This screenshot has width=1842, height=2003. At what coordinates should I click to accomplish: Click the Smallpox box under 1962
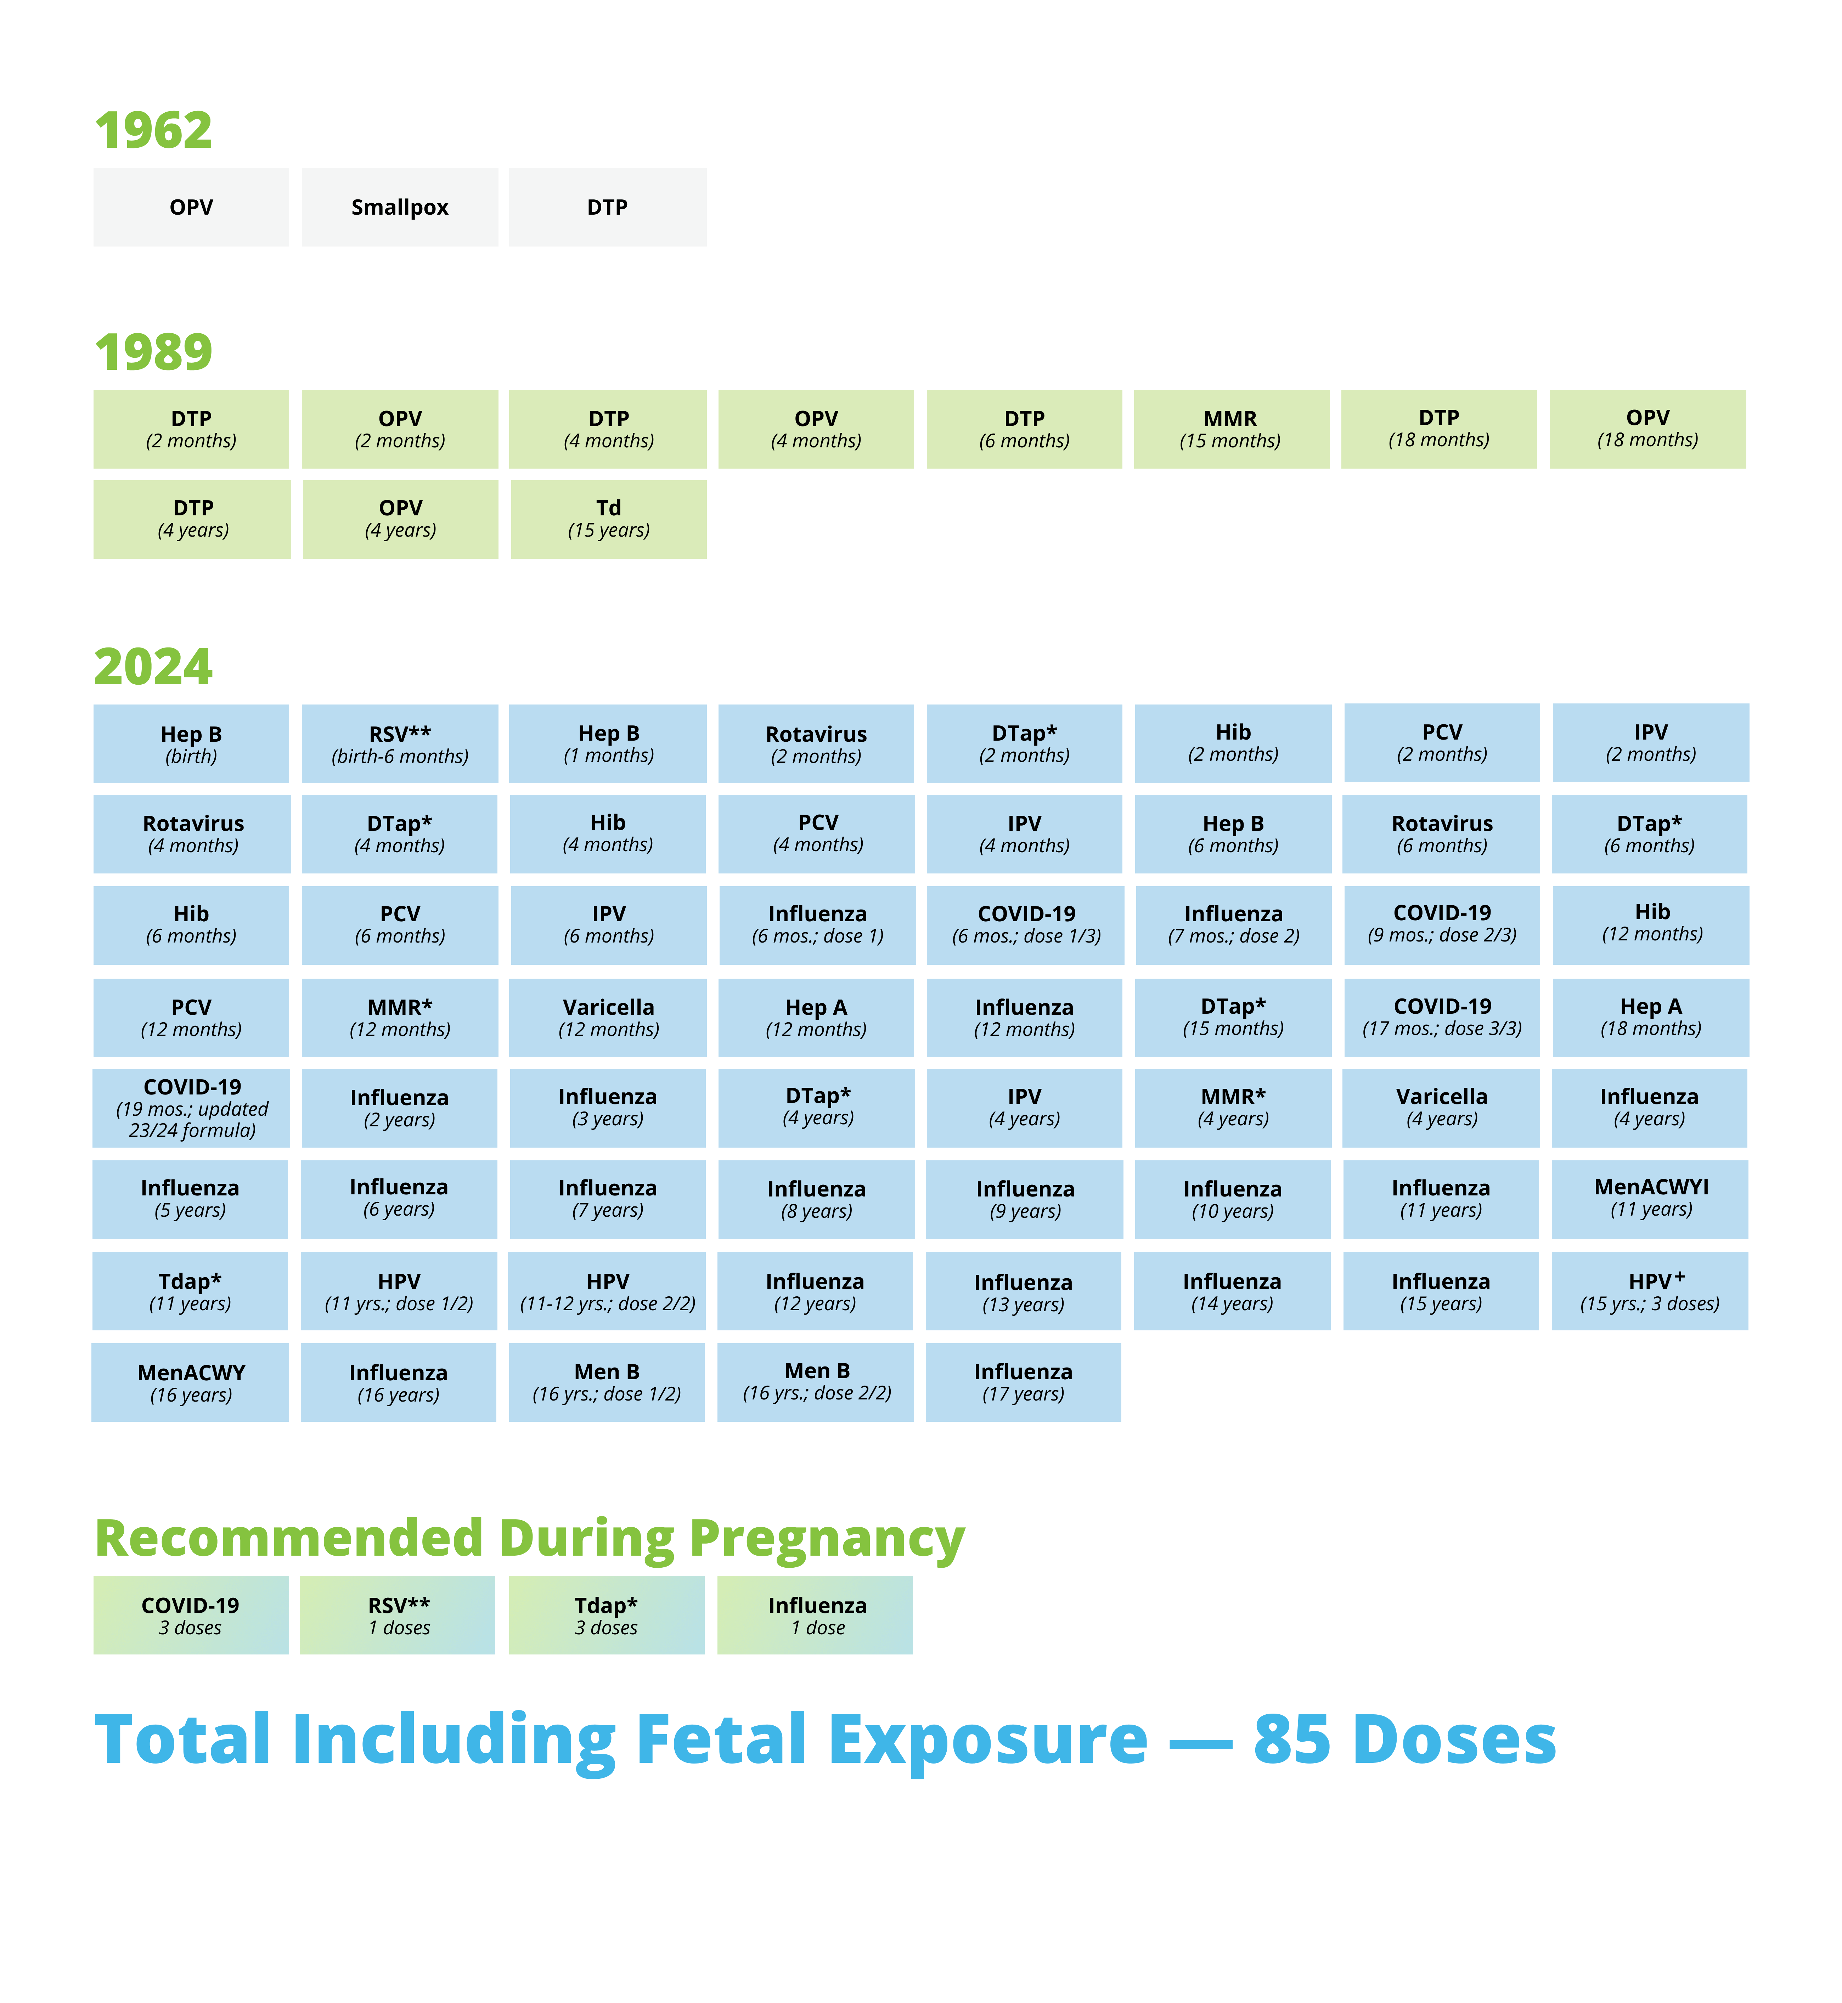click(400, 207)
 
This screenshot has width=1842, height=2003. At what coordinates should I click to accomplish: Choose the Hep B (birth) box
click(191, 743)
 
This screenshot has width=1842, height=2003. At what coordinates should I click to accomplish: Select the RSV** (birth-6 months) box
click(400, 743)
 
